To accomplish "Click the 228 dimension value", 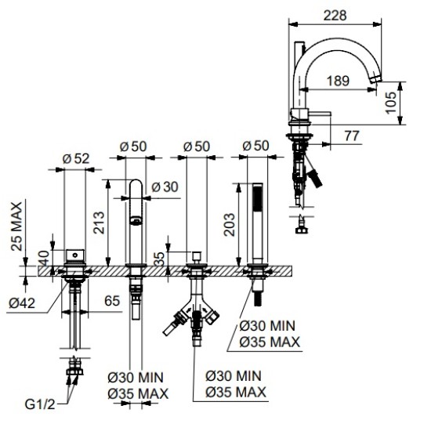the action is (335, 16).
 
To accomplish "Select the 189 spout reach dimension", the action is (338, 81).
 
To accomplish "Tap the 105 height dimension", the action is (390, 103).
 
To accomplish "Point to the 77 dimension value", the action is (352, 136).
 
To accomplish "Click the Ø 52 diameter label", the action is (76, 158).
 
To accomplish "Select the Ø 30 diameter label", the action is (165, 187).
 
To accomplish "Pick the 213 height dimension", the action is (99, 223).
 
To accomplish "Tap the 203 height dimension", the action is (230, 225).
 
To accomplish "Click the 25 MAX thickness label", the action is (16, 226).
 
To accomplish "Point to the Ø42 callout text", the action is (22, 303).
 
